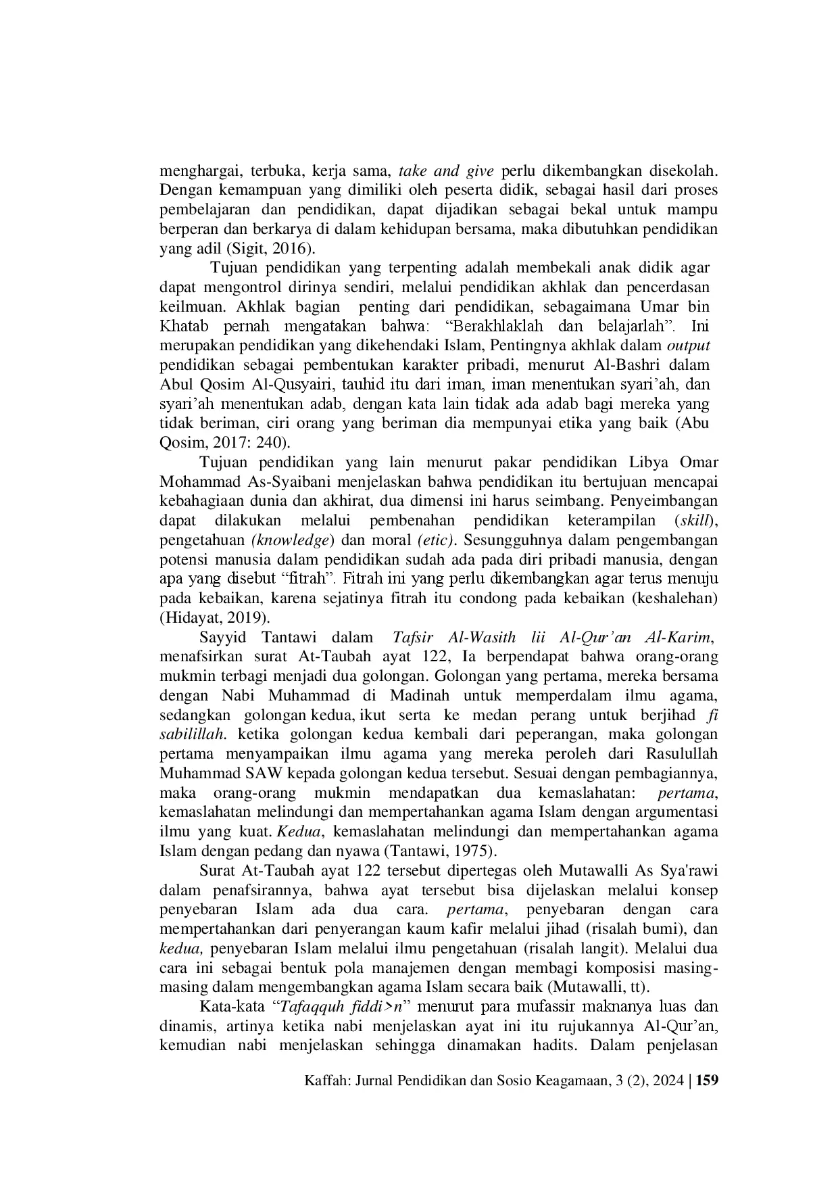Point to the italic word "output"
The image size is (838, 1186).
click(688, 346)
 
